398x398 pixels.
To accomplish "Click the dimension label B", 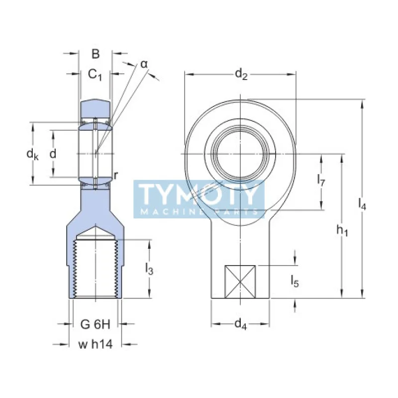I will pos(96,54).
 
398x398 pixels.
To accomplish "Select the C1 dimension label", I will pos(95,75).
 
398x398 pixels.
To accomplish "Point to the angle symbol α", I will pos(144,64).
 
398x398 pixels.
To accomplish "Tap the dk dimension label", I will pos(32,154).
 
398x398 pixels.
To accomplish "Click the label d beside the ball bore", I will pos(53,154).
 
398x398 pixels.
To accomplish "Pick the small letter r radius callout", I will pos(115,175).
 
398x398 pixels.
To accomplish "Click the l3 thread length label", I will pos(149,269).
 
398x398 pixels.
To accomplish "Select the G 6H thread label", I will pos(95,324).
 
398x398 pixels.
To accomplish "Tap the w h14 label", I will pos(95,344).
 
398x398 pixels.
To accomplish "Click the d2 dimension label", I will pos(241,75).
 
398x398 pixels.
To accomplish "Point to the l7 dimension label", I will pos(321,182).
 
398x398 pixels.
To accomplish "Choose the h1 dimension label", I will pos(342,230).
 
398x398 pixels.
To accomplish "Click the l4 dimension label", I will pos(362,203).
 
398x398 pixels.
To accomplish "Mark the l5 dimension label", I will pos(295,282).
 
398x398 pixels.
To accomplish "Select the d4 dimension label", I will pos(240,324).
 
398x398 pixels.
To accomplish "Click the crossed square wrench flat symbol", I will pos(240,282).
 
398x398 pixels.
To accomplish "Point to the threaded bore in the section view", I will pos(95,269).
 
